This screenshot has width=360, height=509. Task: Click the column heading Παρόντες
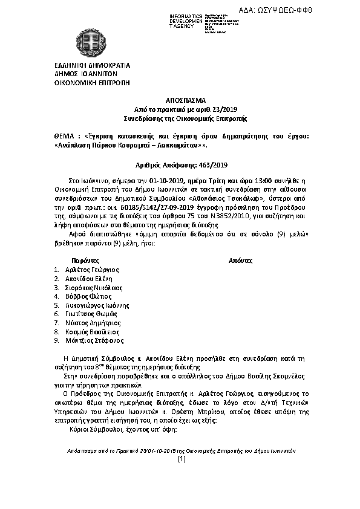coord(77,260)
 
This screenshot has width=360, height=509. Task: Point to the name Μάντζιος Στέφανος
coord(91,341)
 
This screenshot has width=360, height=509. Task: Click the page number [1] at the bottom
coord(180,461)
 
